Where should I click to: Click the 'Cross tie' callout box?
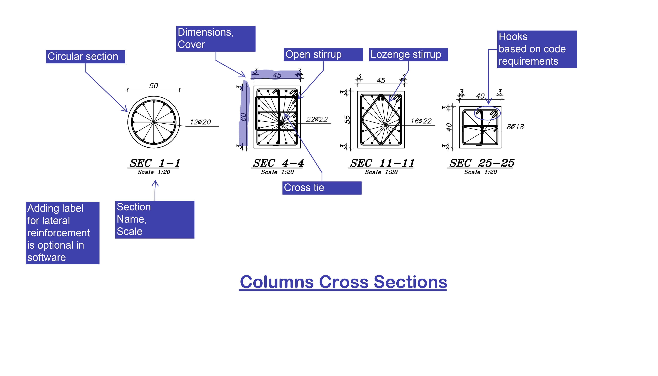click(322, 188)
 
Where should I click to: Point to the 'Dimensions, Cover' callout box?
click(216, 39)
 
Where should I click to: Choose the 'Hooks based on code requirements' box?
click(537, 49)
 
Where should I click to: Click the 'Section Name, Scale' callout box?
click(155, 219)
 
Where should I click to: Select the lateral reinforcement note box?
click(63, 233)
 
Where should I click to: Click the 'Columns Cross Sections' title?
click(343, 282)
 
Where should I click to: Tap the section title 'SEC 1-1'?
click(155, 163)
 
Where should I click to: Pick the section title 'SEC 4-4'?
click(278, 163)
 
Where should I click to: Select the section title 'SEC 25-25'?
click(481, 163)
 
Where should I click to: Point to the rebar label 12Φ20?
click(200, 122)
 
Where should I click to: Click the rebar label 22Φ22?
click(317, 120)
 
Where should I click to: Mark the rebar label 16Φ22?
click(421, 121)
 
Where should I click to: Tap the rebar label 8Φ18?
click(515, 127)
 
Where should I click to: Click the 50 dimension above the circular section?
click(154, 86)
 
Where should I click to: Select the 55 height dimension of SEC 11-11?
click(347, 120)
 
